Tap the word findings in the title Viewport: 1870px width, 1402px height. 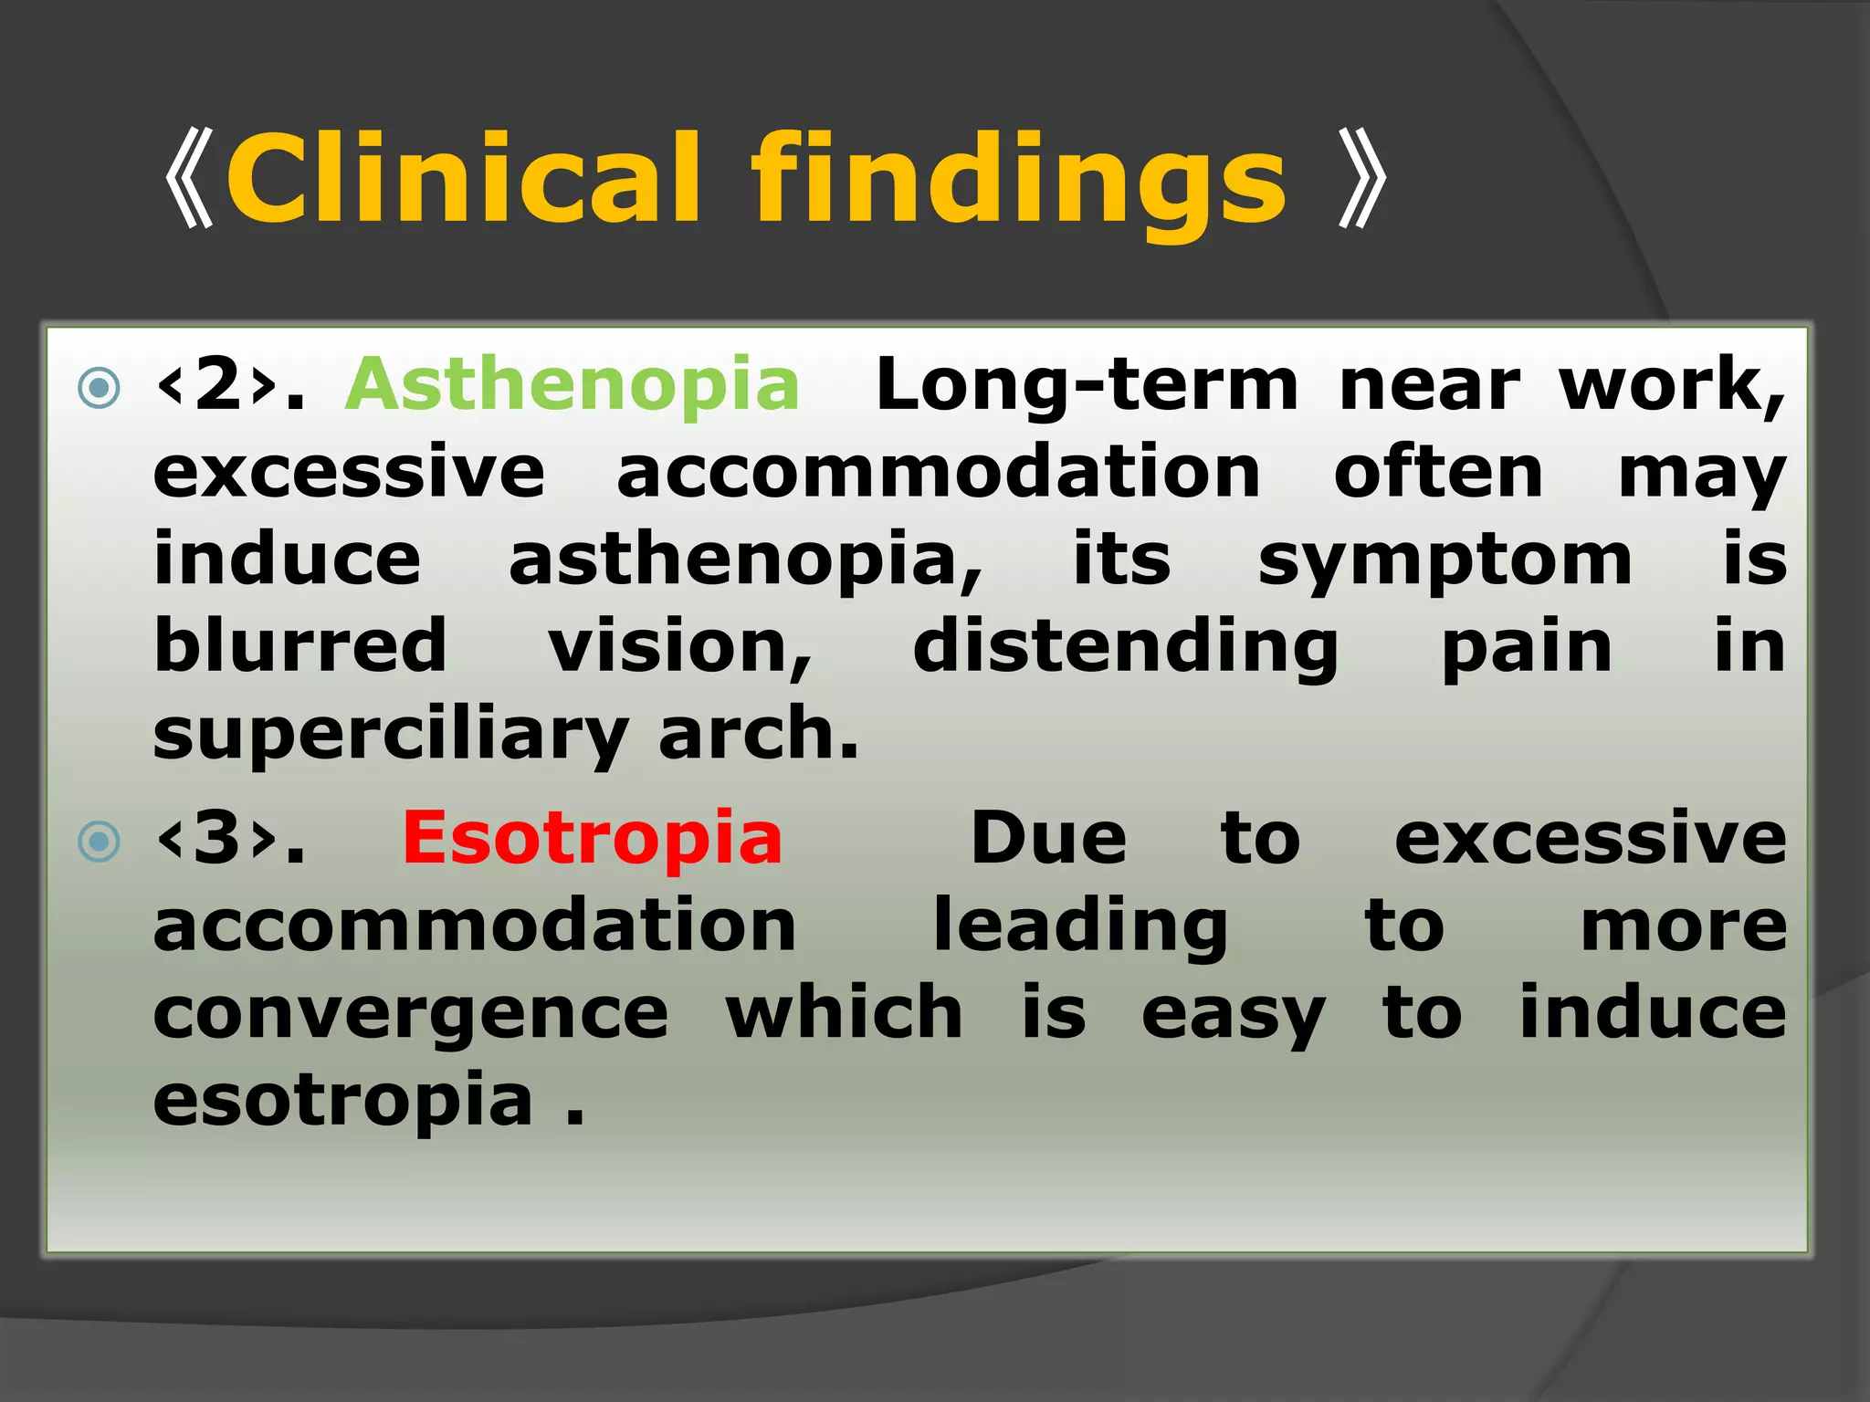click(x=1018, y=183)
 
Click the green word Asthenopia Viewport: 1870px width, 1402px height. click(x=573, y=384)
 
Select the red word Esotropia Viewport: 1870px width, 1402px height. click(x=593, y=838)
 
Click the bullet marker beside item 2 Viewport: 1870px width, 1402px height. click(x=100, y=388)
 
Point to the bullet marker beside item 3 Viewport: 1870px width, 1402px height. click(x=100, y=842)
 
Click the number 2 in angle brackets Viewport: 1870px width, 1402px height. click(x=217, y=384)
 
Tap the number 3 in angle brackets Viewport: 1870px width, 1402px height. click(x=217, y=838)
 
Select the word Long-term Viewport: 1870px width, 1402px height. click(x=1087, y=384)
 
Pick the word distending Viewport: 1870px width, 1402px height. click(x=1125, y=648)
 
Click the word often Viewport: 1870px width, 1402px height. click(x=1438, y=472)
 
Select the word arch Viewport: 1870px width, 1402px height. click(x=758, y=733)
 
